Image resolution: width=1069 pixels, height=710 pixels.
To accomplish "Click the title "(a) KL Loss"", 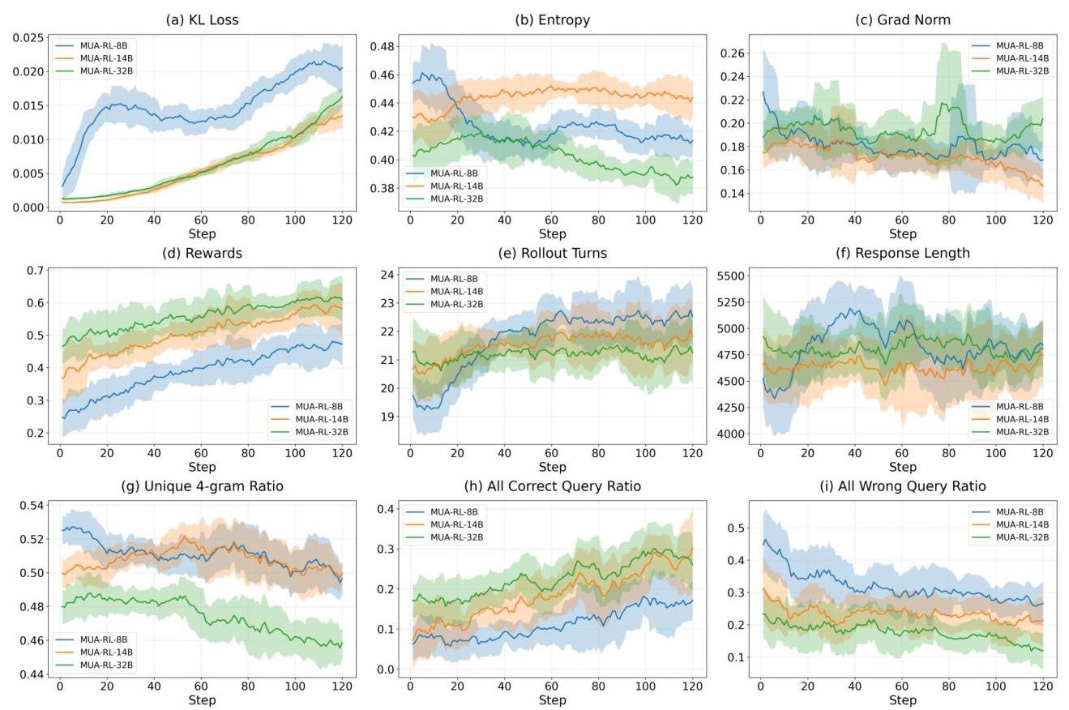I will coord(202,20).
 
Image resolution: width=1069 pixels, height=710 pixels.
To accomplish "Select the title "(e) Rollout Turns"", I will coord(552,254).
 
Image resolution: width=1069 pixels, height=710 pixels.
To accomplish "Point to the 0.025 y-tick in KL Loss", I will coord(31,38).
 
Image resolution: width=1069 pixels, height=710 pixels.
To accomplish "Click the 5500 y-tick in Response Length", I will coord(729,276).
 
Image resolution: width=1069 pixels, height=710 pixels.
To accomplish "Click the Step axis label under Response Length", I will coord(902,467).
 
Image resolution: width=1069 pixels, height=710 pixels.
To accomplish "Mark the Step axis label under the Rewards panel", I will coord(202,467).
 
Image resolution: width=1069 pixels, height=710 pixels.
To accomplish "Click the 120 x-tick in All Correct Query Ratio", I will coord(692,686).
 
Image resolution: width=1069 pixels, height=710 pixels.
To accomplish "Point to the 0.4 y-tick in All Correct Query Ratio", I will coord(387,509).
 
